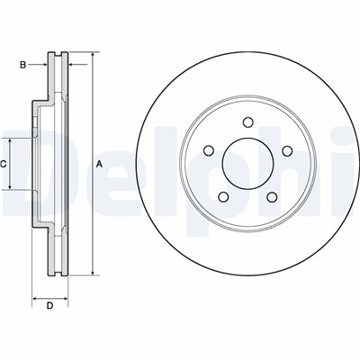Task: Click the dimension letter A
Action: tap(99, 164)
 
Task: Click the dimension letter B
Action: tap(22, 65)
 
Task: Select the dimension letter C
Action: tap(3, 164)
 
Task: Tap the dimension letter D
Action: tap(49, 306)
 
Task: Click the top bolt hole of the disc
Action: tap(247, 122)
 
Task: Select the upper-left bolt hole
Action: tap(209, 150)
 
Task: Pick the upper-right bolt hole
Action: tap(287, 150)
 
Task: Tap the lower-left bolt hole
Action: tap(223, 197)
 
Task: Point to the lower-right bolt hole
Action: tap(272, 197)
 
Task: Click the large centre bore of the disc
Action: tap(247, 164)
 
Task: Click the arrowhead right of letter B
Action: tap(71, 64)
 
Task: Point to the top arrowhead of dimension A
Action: tap(93, 55)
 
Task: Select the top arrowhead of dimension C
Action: tap(10, 140)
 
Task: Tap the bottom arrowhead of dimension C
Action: tap(10, 187)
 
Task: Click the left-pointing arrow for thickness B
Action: tap(78, 64)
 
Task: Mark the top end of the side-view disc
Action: tap(58, 53)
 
